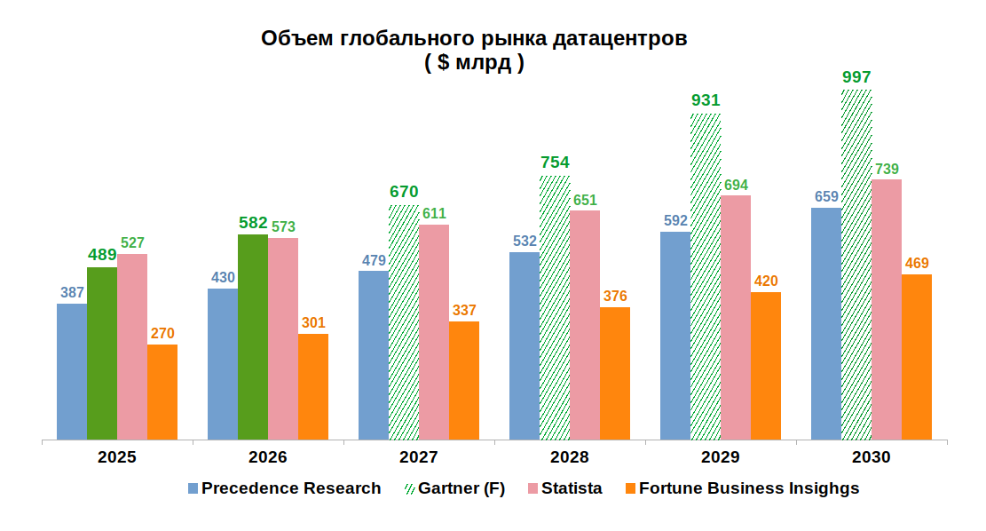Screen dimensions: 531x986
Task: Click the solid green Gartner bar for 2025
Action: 102,353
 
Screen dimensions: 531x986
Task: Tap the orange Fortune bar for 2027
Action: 464,380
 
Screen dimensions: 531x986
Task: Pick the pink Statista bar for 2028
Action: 585,325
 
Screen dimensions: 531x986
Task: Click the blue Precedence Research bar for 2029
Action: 675,336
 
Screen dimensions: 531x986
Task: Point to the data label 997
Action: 856,77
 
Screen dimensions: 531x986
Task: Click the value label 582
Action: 253,223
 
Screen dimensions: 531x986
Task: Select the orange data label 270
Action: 162,334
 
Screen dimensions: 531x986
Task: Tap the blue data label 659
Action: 826,197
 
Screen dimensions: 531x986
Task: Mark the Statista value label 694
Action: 736,185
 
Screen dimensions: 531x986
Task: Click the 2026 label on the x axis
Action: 267,458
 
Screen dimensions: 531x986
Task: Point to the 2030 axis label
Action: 871,458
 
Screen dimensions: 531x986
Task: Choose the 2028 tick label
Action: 569,458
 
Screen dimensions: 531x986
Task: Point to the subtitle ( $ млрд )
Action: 474,63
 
